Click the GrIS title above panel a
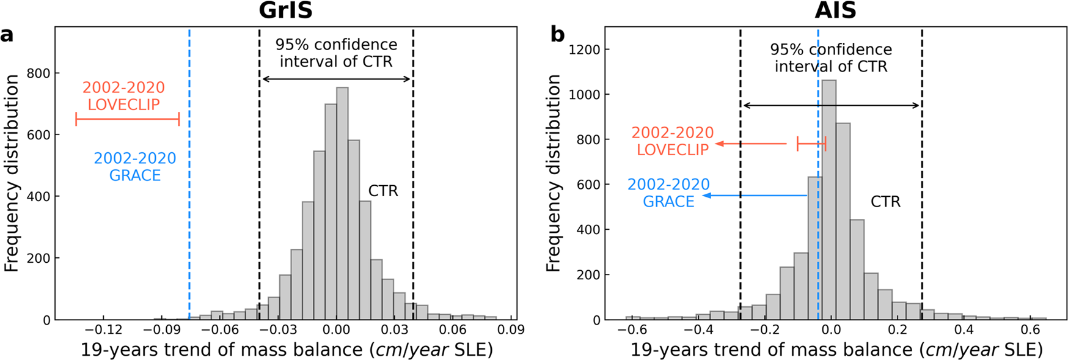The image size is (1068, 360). click(285, 10)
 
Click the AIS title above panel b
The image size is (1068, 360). click(835, 10)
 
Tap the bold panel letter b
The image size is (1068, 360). click(557, 34)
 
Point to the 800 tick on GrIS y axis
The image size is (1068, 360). click(38, 73)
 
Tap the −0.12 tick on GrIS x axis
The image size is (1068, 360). click(103, 330)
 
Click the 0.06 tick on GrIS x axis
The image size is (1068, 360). click(453, 330)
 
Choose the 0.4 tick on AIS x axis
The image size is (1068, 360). click(964, 330)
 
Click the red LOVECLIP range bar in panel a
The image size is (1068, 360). click(127, 119)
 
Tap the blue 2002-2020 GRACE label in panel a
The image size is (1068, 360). click(135, 167)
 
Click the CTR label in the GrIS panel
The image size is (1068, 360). click(383, 191)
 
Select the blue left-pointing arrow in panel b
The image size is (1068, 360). click(755, 196)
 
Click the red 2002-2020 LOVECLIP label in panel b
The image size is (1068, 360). click(673, 141)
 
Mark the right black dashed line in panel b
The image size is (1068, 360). click(922, 183)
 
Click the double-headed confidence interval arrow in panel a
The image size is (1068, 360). click(336, 79)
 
